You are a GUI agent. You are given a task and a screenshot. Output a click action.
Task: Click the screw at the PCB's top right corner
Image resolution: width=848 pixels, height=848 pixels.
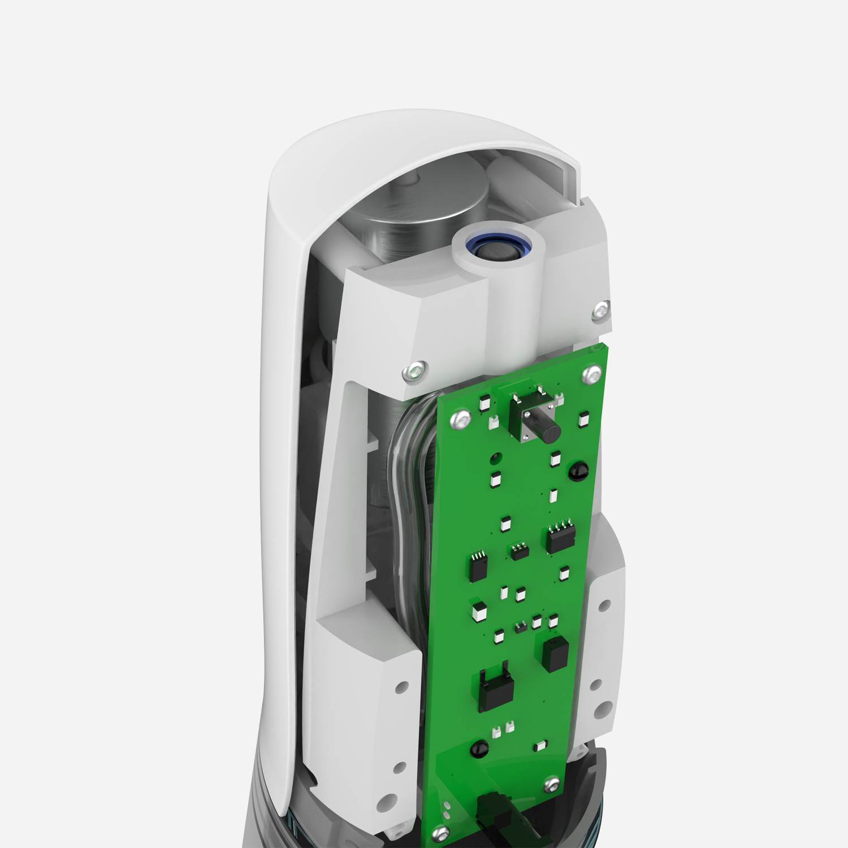(592, 374)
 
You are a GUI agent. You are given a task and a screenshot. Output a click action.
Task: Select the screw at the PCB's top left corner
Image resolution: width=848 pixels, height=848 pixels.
(460, 419)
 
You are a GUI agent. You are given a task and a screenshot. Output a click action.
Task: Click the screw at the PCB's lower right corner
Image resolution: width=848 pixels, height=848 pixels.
(552, 784)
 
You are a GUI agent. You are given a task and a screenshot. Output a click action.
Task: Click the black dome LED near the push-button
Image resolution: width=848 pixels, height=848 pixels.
(578, 471)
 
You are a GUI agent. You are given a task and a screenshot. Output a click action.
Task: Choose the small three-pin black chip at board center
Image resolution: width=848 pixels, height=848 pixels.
(520, 551)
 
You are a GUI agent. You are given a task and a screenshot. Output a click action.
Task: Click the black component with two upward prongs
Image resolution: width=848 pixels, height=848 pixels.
(496, 689)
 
